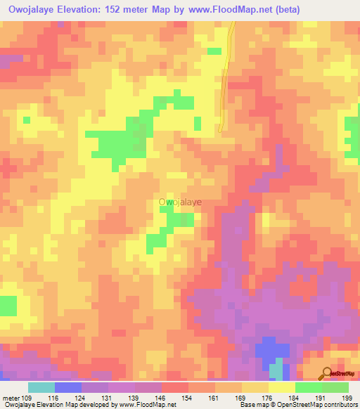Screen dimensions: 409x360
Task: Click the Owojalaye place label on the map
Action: click(x=180, y=202)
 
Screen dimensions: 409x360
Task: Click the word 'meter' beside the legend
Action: click(x=11, y=398)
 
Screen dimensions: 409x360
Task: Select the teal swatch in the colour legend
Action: click(x=41, y=387)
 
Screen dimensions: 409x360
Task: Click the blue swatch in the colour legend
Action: click(x=68, y=387)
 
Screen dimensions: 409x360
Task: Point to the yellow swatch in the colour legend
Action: click(x=281, y=387)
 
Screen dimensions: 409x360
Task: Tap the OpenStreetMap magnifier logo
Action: click(x=328, y=373)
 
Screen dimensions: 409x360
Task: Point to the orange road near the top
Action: click(x=226, y=77)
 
